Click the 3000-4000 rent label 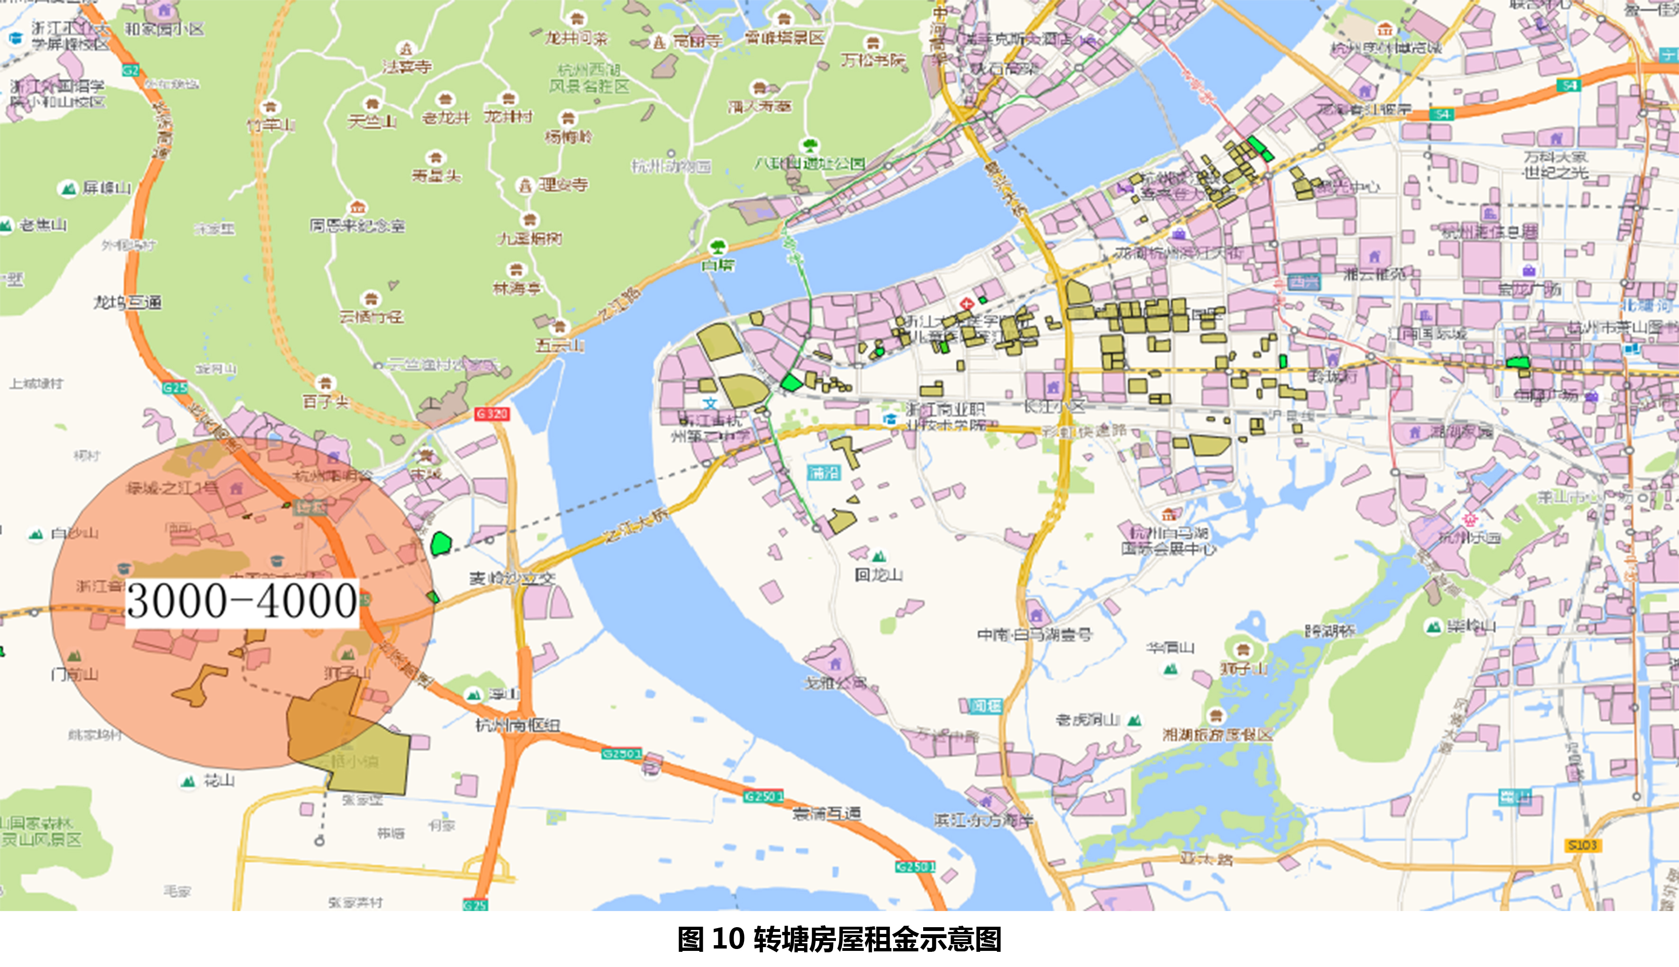[242, 602]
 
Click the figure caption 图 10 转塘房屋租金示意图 [839, 939]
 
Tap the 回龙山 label [878, 575]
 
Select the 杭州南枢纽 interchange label [518, 725]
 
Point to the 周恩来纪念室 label [357, 226]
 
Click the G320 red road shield [492, 414]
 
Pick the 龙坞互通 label [127, 303]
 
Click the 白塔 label [718, 265]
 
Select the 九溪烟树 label [530, 238]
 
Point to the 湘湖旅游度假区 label [1217, 735]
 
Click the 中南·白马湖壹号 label [1035, 635]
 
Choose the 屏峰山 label [106, 189]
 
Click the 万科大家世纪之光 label [1555, 164]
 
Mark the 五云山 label [560, 346]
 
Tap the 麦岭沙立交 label [512, 578]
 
